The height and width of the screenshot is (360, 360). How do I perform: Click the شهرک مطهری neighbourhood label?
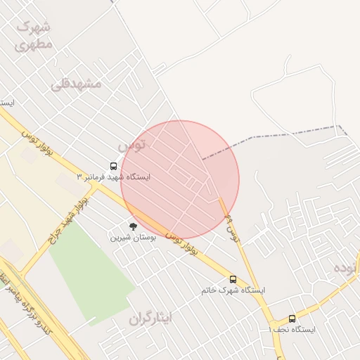point(33,35)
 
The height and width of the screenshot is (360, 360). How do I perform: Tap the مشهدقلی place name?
point(76,84)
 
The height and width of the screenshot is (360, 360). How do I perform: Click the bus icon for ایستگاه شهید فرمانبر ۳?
point(114,167)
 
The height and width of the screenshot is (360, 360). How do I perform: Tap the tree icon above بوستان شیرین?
point(133,226)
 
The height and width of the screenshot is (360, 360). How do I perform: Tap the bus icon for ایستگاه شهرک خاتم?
point(233,280)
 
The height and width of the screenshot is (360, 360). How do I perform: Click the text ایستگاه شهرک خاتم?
point(233,290)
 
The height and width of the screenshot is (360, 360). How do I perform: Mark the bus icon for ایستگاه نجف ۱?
point(292,319)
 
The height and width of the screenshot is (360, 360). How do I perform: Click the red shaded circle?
point(180,180)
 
